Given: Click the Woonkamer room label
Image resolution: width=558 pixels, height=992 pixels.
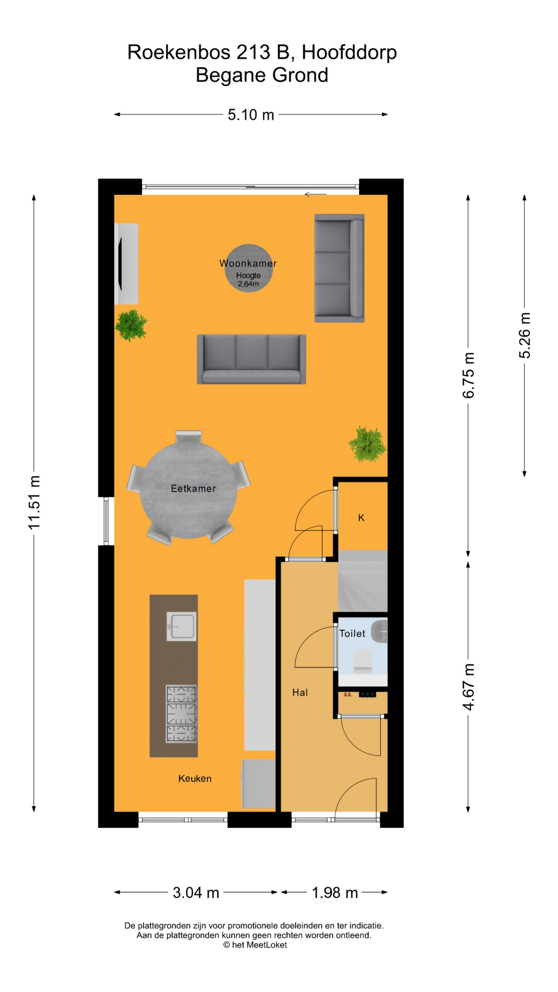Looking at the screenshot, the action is pos(248,263).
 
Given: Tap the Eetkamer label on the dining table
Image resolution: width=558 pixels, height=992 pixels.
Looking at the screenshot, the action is pos(193,488).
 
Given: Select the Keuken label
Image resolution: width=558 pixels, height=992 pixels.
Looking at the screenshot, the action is pos(195,779).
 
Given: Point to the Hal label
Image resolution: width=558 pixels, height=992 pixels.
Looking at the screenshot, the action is pos(300,692).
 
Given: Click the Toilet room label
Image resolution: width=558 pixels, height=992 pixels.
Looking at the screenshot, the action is pos(352,633).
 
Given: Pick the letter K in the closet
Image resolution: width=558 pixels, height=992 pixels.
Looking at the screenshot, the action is pos(361,518).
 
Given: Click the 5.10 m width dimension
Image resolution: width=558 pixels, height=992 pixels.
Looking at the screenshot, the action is pos(251,115).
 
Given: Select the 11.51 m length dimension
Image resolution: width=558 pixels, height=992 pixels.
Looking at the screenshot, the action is pos(34,503).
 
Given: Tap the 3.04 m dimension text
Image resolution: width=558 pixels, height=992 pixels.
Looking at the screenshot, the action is pos(196,893).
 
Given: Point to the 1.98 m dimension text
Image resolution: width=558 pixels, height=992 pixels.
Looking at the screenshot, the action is pos(335,893).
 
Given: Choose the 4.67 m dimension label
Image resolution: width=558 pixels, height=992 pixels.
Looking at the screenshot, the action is pos(468,687).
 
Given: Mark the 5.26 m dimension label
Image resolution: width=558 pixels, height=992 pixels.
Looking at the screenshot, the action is pos(524,335).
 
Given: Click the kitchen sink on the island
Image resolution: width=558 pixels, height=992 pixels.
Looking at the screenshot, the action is pos(181,626).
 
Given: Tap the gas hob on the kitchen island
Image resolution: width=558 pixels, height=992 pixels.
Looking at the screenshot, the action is pos(181,714).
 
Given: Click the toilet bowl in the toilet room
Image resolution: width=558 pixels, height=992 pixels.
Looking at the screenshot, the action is pos(362,661).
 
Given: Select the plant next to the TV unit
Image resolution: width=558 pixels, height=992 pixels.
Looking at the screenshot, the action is pos(131,325).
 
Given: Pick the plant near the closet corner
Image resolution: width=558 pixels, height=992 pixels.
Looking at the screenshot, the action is pos(367,444).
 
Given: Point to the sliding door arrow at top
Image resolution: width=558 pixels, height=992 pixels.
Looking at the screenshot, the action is pos(315,194).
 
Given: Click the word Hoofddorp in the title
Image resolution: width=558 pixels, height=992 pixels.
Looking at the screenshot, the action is pos(349,53).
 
